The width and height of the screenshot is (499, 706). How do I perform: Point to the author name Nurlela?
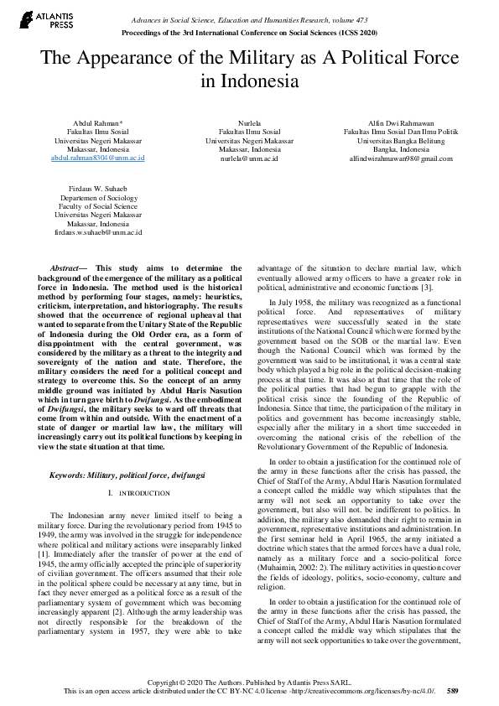pos(249,122)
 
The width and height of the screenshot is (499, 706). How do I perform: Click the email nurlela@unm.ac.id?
pos(249,157)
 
